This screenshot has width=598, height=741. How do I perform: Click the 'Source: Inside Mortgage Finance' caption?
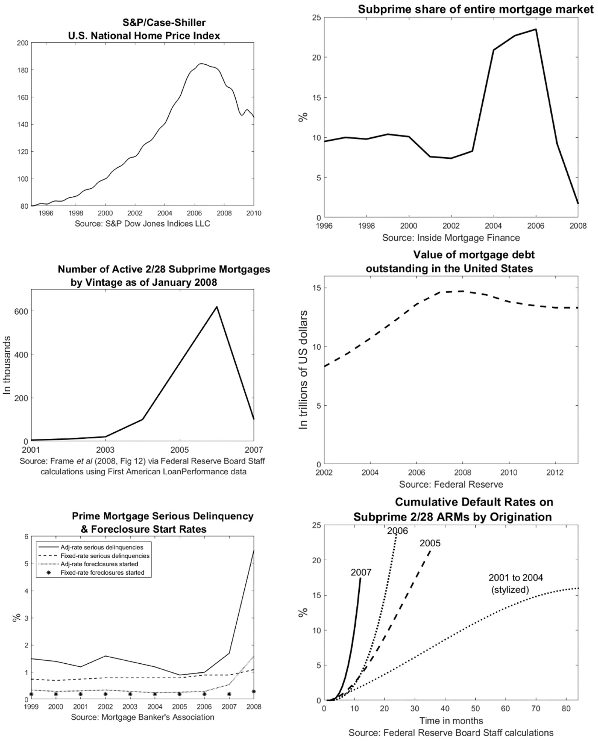point(451,238)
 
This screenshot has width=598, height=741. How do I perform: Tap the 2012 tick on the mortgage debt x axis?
point(555,472)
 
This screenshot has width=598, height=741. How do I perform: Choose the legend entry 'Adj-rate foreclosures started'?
point(99,564)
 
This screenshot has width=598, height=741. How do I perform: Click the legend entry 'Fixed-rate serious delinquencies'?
point(105,556)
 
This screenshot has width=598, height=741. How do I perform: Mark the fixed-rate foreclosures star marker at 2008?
point(254,691)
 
